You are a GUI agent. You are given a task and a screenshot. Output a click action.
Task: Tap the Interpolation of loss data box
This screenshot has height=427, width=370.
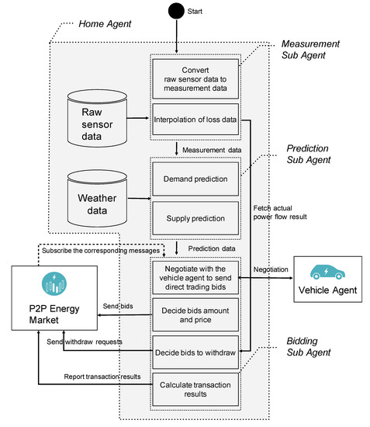point(195,120)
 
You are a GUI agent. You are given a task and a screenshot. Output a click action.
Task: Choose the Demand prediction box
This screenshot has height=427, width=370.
point(195,179)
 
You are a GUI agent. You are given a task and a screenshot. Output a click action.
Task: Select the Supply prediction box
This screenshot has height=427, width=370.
point(195,218)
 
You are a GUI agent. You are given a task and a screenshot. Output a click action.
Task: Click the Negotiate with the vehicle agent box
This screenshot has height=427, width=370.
point(195,276)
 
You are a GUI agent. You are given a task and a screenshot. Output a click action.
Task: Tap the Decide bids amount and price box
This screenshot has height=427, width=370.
point(195,314)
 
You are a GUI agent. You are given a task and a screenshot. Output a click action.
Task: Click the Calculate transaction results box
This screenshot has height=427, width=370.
point(195,387)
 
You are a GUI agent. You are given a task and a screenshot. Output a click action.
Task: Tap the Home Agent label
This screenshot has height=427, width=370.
point(105,25)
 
